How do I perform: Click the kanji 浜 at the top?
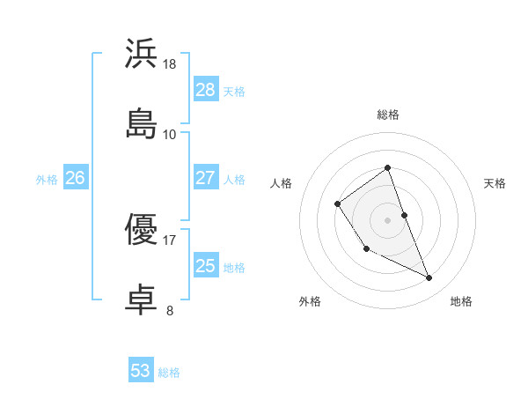pyautogui.click(x=142, y=54)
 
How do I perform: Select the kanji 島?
pyautogui.click(x=142, y=123)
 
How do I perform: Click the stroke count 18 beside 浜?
pyautogui.click(x=170, y=64)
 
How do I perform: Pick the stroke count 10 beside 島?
pyautogui.click(x=170, y=134)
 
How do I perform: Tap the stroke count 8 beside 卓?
pyautogui.click(x=170, y=310)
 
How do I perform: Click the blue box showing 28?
pyautogui.click(x=206, y=90)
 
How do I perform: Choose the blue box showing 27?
pyautogui.click(x=206, y=178)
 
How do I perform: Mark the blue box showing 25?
pyautogui.click(x=206, y=266)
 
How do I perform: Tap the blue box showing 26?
pyautogui.click(x=75, y=178)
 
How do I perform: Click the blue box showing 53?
pyautogui.click(x=141, y=371)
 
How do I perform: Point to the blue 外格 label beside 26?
pyautogui.click(x=47, y=179)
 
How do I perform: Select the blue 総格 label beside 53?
pyautogui.click(x=169, y=372)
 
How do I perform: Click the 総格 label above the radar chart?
pyautogui.click(x=387, y=115)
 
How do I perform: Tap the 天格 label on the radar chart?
pyautogui.click(x=495, y=183)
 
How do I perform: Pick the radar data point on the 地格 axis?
pyautogui.click(x=429, y=278)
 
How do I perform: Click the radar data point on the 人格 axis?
pyautogui.click(x=338, y=204)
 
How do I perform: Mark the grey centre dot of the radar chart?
pyautogui.click(x=387, y=218)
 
